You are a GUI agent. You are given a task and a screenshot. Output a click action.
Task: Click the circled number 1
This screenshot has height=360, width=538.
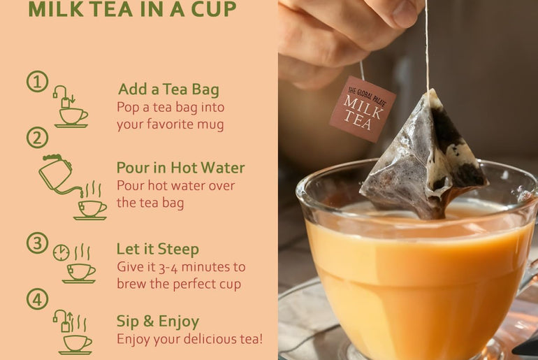click(x=38, y=81)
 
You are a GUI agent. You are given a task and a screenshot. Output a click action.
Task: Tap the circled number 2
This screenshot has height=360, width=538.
click(x=38, y=138)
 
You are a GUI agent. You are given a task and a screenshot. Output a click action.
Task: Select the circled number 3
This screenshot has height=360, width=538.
click(x=38, y=243)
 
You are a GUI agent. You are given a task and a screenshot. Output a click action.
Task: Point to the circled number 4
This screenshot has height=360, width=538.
click(x=38, y=299)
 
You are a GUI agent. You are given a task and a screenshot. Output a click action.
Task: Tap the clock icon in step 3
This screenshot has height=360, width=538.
click(x=61, y=252)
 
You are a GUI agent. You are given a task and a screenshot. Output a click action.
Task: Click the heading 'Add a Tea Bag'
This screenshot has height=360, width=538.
click(x=168, y=89)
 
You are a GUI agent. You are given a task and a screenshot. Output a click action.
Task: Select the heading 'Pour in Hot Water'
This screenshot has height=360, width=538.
click(x=180, y=168)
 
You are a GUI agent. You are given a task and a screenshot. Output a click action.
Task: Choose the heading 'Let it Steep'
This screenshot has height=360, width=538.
click(x=157, y=249)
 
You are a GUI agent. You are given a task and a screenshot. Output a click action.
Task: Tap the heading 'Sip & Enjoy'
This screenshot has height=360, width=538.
click(x=158, y=322)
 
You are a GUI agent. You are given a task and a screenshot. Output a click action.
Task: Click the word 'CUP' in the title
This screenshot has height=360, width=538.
click(x=213, y=9)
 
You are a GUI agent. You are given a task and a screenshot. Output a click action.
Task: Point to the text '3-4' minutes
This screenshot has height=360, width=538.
click(x=168, y=267)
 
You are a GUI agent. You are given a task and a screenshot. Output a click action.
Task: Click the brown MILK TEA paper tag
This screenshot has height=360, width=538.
click(x=363, y=109)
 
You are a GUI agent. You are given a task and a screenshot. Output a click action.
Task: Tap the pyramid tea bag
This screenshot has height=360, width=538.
click(x=424, y=156)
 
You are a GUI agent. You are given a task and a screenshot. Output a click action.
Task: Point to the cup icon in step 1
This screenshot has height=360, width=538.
click(x=73, y=116)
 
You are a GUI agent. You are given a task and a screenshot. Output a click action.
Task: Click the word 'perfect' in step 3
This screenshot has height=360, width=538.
click(x=195, y=285)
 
